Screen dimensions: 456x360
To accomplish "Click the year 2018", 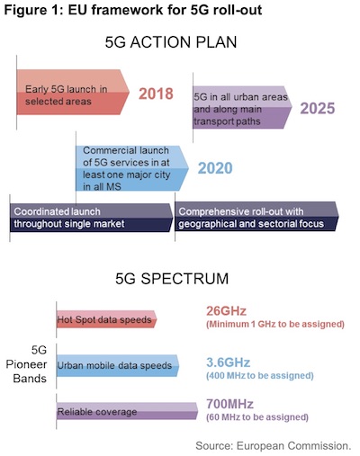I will pyautogui.click(x=159, y=94).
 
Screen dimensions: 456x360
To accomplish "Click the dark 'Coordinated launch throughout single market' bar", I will pyautogui.click(x=90, y=217).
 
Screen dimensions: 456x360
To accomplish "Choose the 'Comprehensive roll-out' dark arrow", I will pyautogui.click(x=256, y=217).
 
